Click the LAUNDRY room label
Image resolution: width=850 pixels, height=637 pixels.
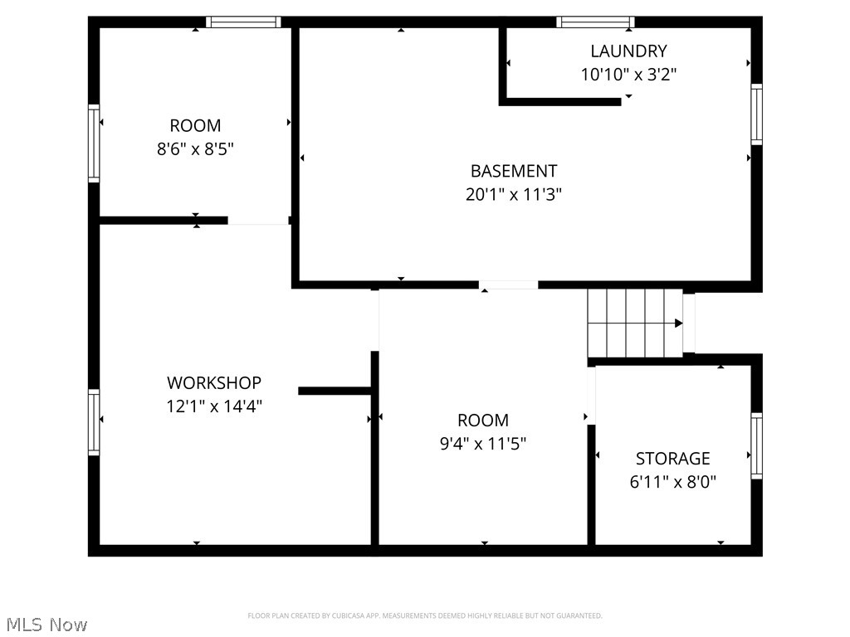628,51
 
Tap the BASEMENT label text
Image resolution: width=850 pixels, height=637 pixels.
513,172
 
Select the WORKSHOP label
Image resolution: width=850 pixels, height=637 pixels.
214,383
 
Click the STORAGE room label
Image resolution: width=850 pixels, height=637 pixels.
672,459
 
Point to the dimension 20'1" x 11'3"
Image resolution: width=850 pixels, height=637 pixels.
513,195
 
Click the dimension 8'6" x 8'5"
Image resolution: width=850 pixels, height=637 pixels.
195,150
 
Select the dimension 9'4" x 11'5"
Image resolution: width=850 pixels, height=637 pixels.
483,444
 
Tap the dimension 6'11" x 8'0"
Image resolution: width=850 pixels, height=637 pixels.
672,482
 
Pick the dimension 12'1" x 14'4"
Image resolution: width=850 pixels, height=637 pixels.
214,406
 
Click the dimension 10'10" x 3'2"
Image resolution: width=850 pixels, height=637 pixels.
628,75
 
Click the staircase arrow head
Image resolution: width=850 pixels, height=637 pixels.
678,323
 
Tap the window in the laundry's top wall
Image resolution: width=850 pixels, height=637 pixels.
595,22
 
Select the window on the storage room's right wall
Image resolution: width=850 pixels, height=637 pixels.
756,445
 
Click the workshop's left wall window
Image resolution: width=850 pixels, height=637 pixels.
94,422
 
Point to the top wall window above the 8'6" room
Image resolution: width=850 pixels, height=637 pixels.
243,22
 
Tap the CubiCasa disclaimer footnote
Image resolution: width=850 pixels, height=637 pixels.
424,615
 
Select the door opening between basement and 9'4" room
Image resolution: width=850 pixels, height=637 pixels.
508,285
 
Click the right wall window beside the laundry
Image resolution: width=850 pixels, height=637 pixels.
756,114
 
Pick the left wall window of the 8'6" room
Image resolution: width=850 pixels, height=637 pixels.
94,143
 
